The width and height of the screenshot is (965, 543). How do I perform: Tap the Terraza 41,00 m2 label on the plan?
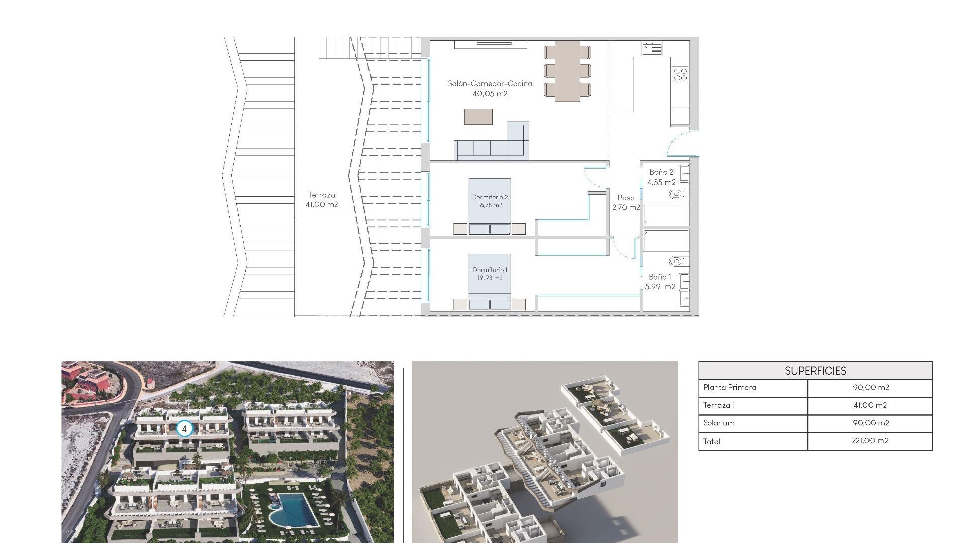(x=322, y=199)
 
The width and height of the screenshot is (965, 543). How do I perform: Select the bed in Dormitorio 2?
(x=490, y=206)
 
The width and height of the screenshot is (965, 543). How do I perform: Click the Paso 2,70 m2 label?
(x=626, y=202)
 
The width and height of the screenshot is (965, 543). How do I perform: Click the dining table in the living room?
(x=567, y=71)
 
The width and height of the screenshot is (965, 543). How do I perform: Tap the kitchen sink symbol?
(x=652, y=49)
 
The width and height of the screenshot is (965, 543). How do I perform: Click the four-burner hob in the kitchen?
(x=680, y=75)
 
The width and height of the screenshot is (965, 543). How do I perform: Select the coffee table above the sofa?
(x=478, y=117)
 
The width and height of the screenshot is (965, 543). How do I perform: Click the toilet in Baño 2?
(x=677, y=194)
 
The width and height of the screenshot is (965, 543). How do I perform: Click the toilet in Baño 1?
(x=677, y=261)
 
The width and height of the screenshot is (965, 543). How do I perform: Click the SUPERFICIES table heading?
(x=815, y=371)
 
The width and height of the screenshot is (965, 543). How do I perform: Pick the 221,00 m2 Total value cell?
(x=870, y=441)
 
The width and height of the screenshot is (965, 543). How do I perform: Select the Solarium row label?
(x=719, y=423)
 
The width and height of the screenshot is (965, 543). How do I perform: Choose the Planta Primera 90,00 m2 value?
(x=870, y=387)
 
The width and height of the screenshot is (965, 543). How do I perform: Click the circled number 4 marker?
(x=184, y=429)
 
